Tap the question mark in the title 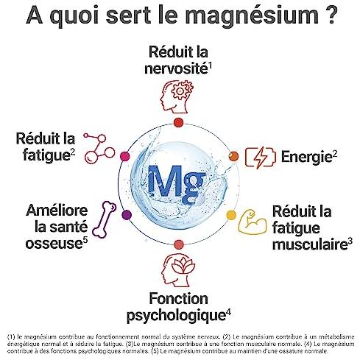click(331, 15)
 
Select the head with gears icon click(177, 96)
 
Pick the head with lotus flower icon click(179, 270)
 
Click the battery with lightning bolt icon click(261, 158)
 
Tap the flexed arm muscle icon click(253, 222)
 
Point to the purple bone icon click(105, 219)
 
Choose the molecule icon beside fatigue click(99, 148)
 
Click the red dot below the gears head click(178, 122)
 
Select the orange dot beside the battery click(233, 156)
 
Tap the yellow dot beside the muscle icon click(231, 215)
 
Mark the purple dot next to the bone click(127, 215)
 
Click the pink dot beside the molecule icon click(125, 156)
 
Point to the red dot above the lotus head click(179, 244)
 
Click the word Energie click(307, 157)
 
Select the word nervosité click(176, 68)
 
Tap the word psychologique click(176, 316)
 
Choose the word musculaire click(310, 244)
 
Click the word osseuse click(54, 244)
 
